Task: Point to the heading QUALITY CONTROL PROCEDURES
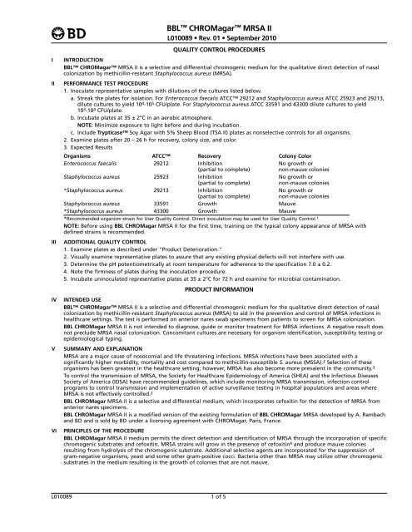205,47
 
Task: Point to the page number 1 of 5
205,520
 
